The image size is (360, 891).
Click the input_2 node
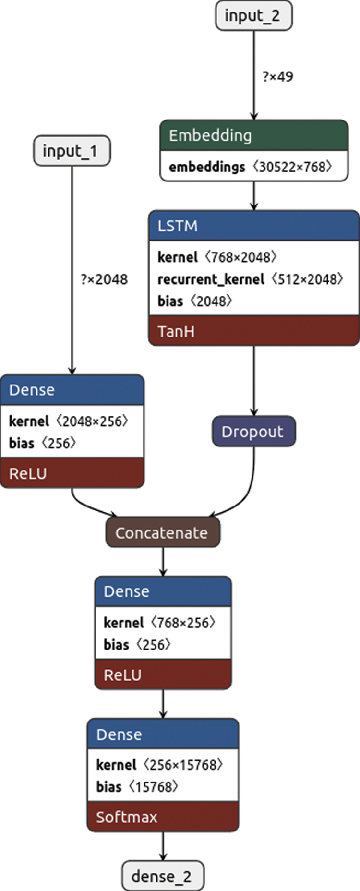253,16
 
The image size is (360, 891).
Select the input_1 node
72,151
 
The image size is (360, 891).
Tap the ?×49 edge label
277,76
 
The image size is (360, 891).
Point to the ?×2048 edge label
104,279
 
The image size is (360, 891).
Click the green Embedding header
253,135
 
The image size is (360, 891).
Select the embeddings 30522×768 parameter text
250,167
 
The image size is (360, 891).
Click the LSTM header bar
253,226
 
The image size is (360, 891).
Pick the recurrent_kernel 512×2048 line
250,279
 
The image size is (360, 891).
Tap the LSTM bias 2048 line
194,301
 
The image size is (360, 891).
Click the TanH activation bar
253,331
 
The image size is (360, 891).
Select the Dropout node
253,431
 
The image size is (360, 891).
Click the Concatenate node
162,532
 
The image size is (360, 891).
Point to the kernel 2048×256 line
69,421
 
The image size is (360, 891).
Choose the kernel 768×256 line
159,623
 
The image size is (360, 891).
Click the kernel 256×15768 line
159,764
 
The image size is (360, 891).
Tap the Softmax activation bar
163,817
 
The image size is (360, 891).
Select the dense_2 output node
162,876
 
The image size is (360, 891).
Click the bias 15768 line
137,786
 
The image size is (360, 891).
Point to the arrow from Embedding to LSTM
254,196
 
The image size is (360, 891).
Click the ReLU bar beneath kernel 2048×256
72,473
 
